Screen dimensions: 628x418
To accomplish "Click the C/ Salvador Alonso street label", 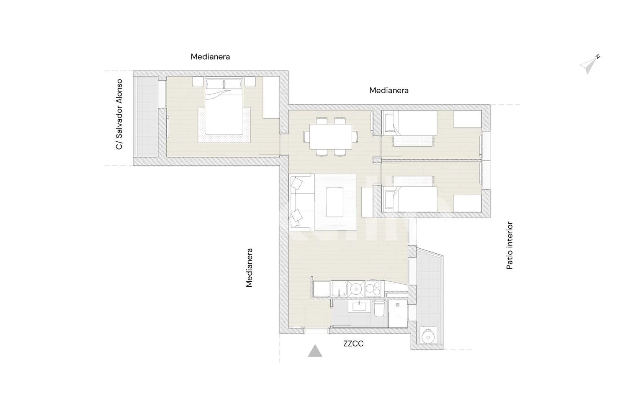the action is tap(119, 114).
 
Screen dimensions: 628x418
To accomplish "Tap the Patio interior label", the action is tap(510, 245).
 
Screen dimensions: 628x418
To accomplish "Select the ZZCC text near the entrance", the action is tap(353, 344).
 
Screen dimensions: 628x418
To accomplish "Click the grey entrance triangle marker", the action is tap(315, 351).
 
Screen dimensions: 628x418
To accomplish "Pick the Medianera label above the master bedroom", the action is tap(210, 57).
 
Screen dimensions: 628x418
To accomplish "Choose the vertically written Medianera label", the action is tap(249, 268).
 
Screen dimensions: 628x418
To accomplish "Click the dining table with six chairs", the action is tap(331, 137).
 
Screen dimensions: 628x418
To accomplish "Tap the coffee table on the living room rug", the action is tap(335, 202).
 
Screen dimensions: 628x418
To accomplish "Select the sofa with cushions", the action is tap(302, 202).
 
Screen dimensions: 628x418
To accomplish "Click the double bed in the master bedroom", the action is tap(224, 106).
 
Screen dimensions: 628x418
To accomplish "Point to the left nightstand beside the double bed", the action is tap(198, 82).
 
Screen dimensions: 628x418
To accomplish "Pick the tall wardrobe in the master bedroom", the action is tap(271, 97).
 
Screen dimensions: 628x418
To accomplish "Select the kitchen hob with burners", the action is tap(374, 289).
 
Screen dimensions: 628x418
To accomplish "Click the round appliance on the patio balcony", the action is tap(428, 335).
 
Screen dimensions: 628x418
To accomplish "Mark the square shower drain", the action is tap(398, 305).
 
